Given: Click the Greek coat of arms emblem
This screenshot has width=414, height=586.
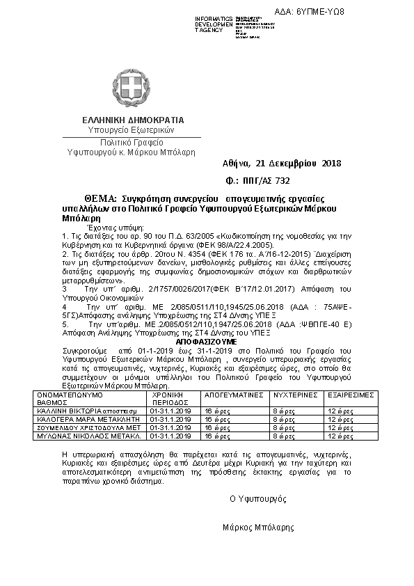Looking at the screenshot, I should [x=130, y=88].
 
